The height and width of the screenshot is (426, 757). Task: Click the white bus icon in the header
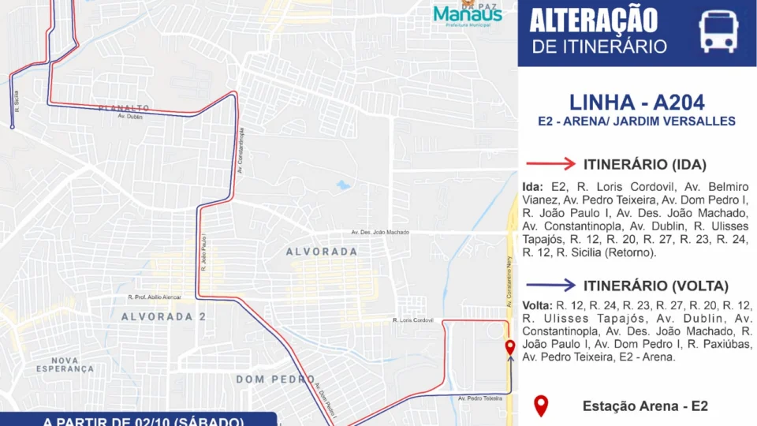point(718,32)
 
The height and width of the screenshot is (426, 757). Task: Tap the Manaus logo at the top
point(468,13)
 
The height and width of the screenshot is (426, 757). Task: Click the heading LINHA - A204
point(636,102)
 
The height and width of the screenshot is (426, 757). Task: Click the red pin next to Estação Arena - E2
point(541,405)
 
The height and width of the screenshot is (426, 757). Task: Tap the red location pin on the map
point(509,347)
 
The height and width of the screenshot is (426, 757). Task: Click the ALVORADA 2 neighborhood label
point(158,316)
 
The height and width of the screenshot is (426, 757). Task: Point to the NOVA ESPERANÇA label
point(65,364)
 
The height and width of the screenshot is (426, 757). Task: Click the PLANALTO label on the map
point(125,108)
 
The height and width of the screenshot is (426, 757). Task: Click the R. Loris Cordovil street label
point(413,320)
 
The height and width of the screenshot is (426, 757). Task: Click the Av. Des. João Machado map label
point(380,233)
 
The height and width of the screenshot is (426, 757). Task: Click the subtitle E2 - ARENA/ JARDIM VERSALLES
point(636,121)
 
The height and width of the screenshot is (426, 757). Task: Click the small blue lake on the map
point(342,186)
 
